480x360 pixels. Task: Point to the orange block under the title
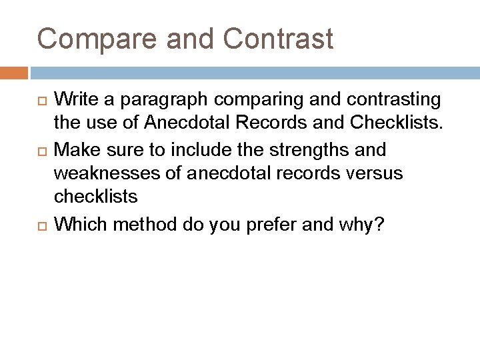[x=14, y=72]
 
